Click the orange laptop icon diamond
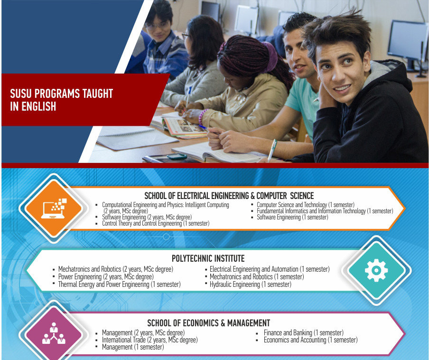point(54,208)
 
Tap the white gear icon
point(376,270)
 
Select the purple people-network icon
point(54,333)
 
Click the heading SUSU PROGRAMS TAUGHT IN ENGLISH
point(61,100)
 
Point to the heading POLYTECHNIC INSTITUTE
point(208,258)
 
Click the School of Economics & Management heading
point(209,323)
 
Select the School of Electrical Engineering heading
point(229,196)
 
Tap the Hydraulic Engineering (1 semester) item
point(251,284)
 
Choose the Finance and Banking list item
point(303,332)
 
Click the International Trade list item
point(149,340)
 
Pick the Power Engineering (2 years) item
point(106,277)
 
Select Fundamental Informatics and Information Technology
point(325,211)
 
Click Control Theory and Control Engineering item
point(156,223)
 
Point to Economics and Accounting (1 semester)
point(310,340)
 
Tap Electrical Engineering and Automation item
point(270,269)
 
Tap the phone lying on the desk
point(177,156)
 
